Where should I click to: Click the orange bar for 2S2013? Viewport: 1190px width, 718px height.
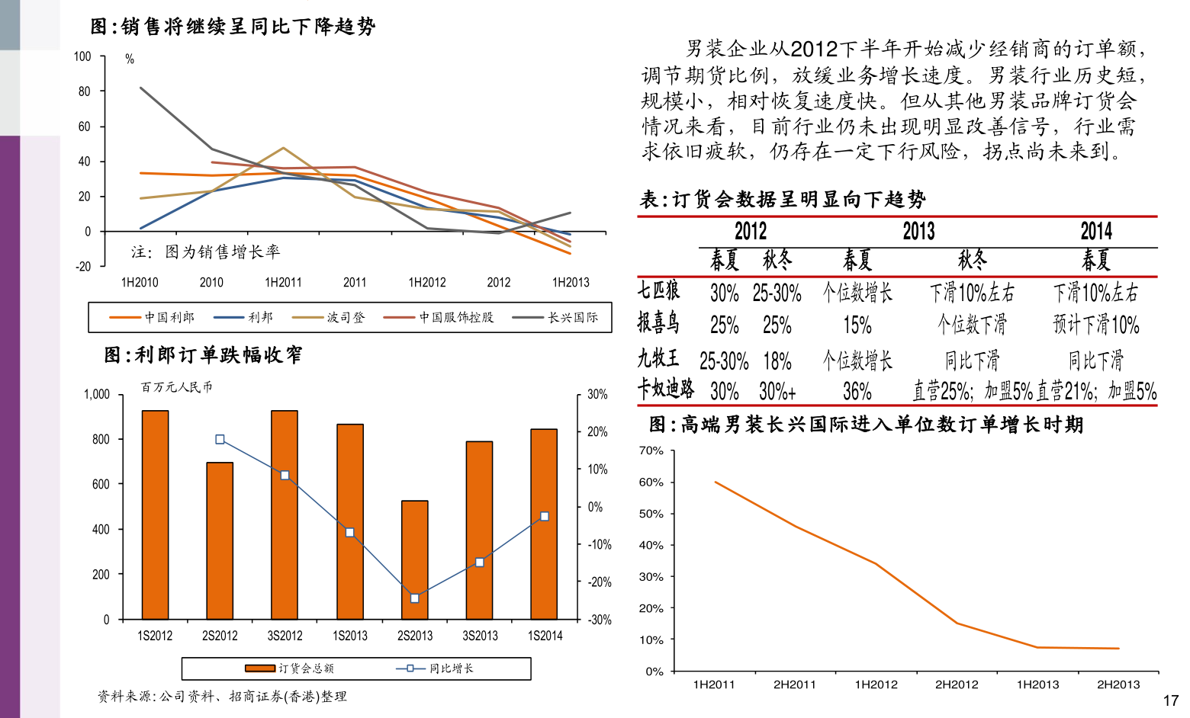pos(415,559)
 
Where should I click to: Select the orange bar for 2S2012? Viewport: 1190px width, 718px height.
pos(220,540)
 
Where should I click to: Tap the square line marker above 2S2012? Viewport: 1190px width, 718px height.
pos(220,439)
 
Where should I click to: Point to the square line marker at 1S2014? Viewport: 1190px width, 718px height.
pos(545,517)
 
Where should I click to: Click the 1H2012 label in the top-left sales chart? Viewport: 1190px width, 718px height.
pos(427,283)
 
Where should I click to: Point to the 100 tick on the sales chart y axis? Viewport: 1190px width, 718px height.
pos(82,56)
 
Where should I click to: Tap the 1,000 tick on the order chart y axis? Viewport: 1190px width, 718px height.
pos(97,394)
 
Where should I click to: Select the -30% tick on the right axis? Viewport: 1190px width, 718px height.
pos(600,620)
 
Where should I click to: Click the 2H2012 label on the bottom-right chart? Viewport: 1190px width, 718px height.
pos(957,684)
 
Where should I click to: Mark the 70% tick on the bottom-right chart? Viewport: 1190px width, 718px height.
pos(651,450)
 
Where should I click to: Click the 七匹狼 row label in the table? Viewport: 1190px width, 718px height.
pos(658,291)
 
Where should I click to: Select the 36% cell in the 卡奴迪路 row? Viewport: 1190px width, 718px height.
pos(857,392)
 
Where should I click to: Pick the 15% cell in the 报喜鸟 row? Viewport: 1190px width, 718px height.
pos(857,325)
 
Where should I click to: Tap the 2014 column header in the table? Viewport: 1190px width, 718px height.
pos(1096,232)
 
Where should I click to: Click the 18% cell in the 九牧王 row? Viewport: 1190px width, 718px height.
pos(777,361)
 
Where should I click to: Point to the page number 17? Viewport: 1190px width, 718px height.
pos(1170,700)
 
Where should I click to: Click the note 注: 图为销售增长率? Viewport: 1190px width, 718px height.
pos(206,252)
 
